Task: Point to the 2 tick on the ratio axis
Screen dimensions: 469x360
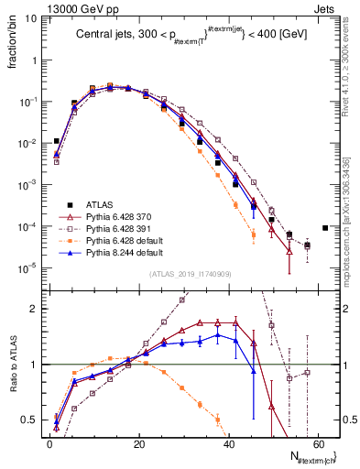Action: click(x=37, y=309)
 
